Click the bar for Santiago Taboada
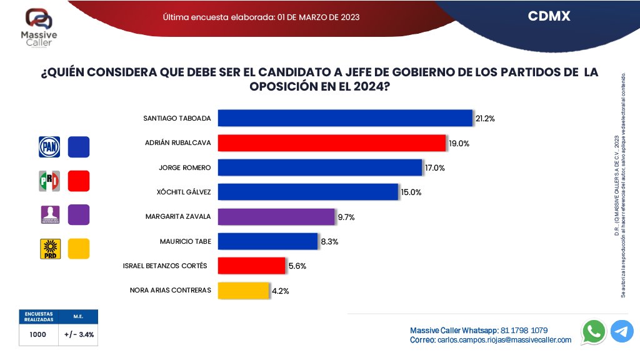344,118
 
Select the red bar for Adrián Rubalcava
331,143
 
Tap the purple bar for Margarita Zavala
276,217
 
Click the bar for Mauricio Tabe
267,241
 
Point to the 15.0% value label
411,192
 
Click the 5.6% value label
297,266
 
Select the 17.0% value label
435,168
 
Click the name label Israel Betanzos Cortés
166,266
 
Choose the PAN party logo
50,147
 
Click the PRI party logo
50,181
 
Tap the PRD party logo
50,249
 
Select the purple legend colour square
79,214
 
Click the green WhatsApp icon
593,331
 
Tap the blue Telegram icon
622,331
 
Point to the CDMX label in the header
549,17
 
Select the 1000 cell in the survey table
37,335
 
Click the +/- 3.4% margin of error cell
79,335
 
